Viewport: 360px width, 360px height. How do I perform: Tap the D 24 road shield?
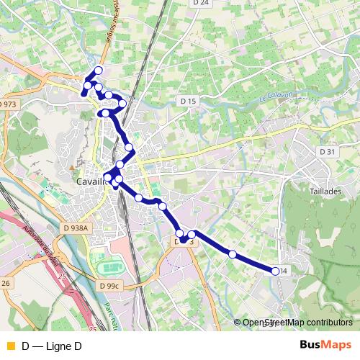[201, 4]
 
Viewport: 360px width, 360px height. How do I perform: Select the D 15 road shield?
[188, 102]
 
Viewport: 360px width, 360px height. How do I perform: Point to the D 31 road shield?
[328, 151]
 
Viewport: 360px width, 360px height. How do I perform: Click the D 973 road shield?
[8, 104]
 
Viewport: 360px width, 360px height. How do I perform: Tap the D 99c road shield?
[109, 286]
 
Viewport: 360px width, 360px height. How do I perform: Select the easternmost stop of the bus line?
[275, 271]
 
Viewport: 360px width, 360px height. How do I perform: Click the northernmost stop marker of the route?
[99, 70]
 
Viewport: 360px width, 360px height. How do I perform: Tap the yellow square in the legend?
[9, 346]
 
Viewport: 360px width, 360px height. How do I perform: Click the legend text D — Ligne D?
[51, 346]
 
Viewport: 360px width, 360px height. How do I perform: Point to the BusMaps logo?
[325, 346]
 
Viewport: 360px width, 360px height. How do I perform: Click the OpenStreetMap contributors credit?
[297, 323]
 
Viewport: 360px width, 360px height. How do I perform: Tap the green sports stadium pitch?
[109, 268]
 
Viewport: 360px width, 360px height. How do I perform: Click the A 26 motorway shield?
[5, 283]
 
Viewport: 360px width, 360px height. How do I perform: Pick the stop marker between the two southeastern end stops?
[233, 254]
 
